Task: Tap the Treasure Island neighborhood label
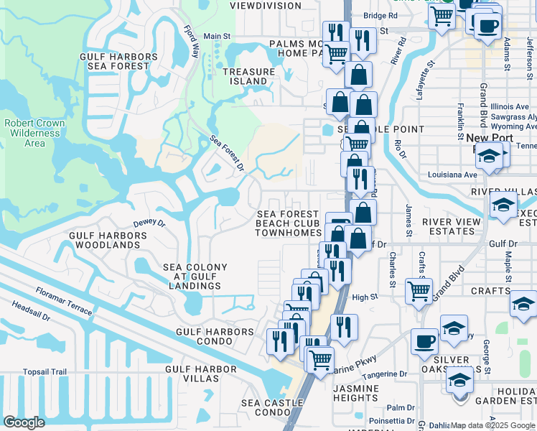point(248,77)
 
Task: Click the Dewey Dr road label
point(149,223)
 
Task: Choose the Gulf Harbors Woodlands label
point(103,240)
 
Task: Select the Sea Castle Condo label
point(272,408)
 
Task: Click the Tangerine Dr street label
point(384,374)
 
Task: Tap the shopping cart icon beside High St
point(419,291)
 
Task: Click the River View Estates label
point(452,227)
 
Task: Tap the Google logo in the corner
point(24,422)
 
